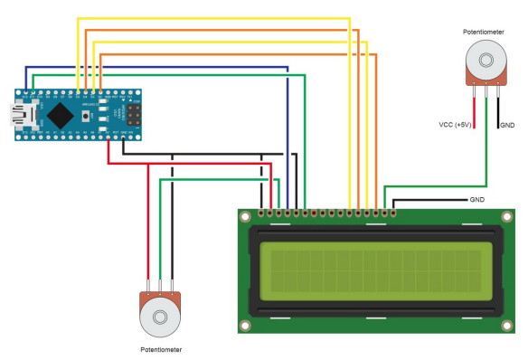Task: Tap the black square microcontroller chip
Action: click(61, 114)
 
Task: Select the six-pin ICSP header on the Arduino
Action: click(133, 116)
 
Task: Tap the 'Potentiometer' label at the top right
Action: click(483, 32)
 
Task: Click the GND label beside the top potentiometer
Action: click(507, 126)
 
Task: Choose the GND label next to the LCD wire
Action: click(477, 199)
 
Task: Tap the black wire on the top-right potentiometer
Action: click(495, 109)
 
